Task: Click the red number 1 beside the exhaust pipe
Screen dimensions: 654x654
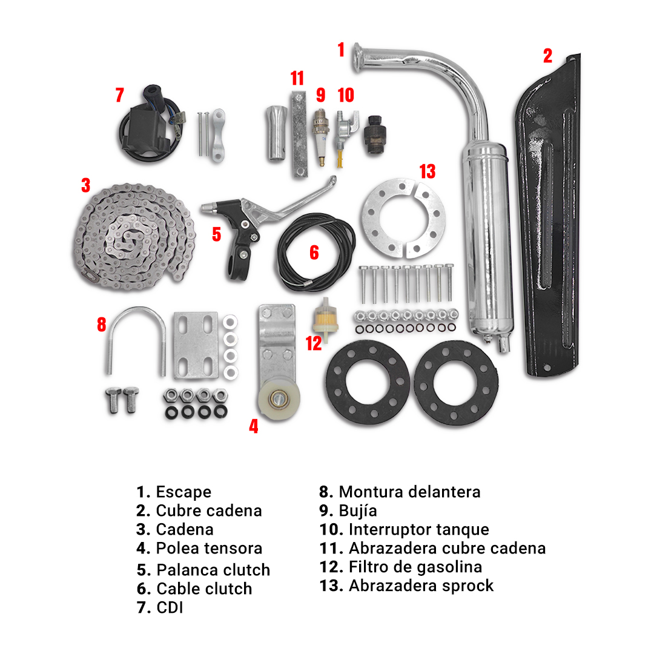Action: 341,50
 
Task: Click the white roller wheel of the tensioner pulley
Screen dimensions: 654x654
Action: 277,401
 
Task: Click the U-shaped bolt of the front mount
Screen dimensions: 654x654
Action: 137,339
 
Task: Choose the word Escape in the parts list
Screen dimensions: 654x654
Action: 183,492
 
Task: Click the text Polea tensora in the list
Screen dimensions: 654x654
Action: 209,548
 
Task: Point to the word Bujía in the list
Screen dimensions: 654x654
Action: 358,510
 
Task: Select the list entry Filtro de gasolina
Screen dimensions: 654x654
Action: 415,567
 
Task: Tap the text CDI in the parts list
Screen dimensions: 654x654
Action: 170,607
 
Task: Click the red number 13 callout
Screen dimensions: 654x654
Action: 428,171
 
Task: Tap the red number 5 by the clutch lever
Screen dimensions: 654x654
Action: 217,234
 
